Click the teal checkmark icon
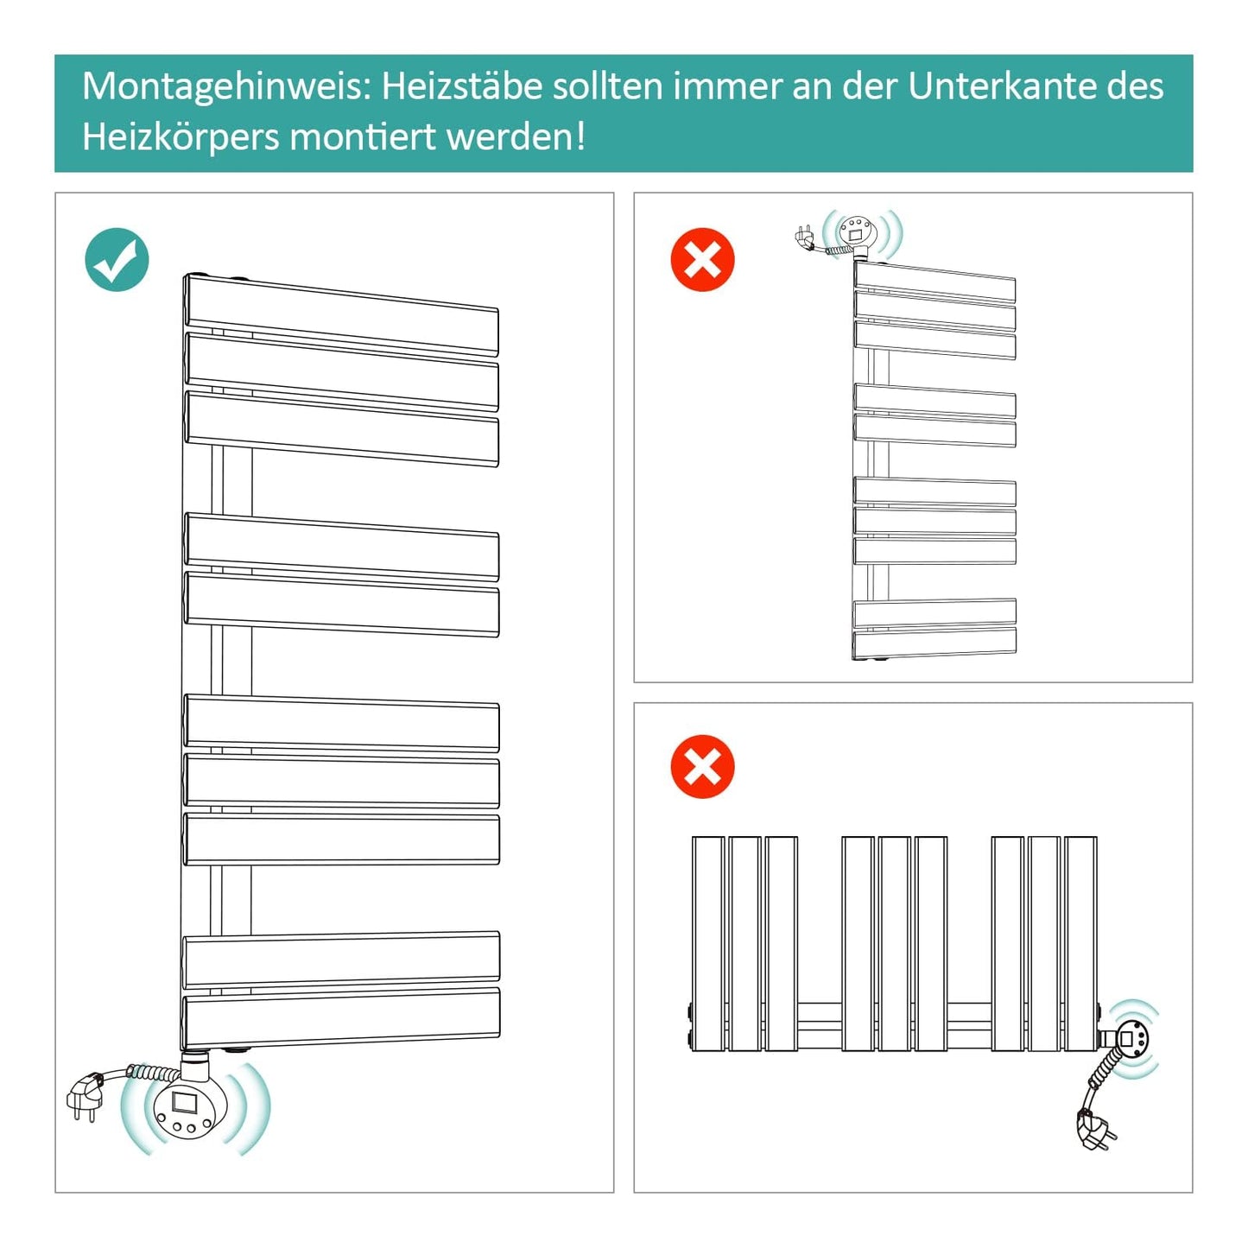pyautogui.click(x=117, y=259)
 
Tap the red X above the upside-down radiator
pyautogui.click(x=703, y=259)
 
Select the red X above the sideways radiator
pyautogui.click(x=703, y=766)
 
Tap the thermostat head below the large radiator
pyautogui.click(x=193, y=1108)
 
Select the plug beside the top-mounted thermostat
pyautogui.click(x=804, y=238)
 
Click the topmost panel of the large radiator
pyautogui.click(x=341, y=314)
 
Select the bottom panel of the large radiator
pyautogui.click(x=341, y=1017)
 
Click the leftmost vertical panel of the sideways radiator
pyautogui.click(x=708, y=943)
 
